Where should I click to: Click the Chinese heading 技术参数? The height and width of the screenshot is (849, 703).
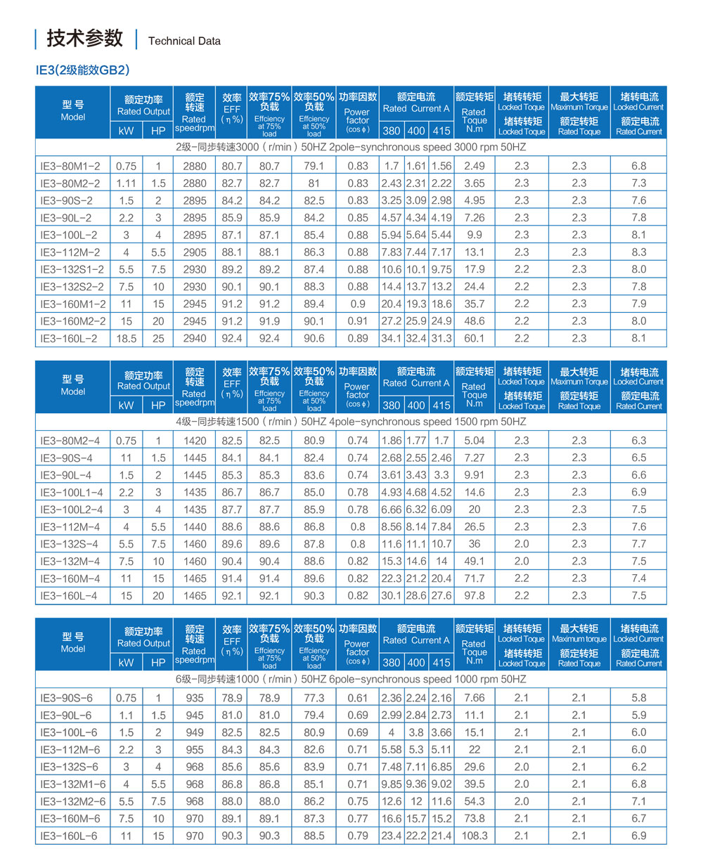pyautogui.click(x=84, y=39)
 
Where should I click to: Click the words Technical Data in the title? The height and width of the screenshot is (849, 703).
pyautogui.click(x=184, y=41)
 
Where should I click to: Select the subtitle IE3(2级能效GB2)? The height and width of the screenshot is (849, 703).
pyautogui.click(x=82, y=70)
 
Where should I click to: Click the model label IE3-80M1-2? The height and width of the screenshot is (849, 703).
pyautogui.click(x=70, y=167)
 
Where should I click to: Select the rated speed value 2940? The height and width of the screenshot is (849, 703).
pyautogui.click(x=194, y=339)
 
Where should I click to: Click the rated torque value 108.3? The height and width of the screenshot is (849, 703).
pyautogui.click(x=475, y=836)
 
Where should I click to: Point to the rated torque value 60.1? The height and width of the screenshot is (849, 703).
pyautogui.click(x=475, y=339)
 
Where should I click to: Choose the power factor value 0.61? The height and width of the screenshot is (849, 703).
pyautogui.click(x=357, y=698)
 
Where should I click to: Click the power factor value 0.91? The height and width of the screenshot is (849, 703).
pyautogui.click(x=357, y=321)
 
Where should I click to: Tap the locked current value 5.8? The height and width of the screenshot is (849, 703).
pyautogui.click(x=639, y=698)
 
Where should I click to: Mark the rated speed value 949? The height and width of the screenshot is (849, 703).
pyautogui.click(x=194, y=732)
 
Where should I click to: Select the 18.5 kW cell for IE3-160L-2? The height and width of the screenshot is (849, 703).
pyautogui.click(x=127, y=339)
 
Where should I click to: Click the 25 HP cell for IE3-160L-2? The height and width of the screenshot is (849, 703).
pyautogui.click(x=159, y=339)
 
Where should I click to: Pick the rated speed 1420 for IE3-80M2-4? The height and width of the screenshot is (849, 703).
pyautogui.click(x=194, y=441)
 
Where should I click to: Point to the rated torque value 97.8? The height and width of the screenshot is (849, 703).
pyautogui.click(x=475, y=596)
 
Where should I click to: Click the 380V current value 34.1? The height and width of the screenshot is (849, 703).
pyautogui.click(x=391, y=339)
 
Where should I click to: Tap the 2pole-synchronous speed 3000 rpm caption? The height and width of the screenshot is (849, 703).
pyautogui.click(x=351, y=148)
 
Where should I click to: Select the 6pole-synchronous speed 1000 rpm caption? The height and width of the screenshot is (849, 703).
pyautogui.click(x=351, y=680)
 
